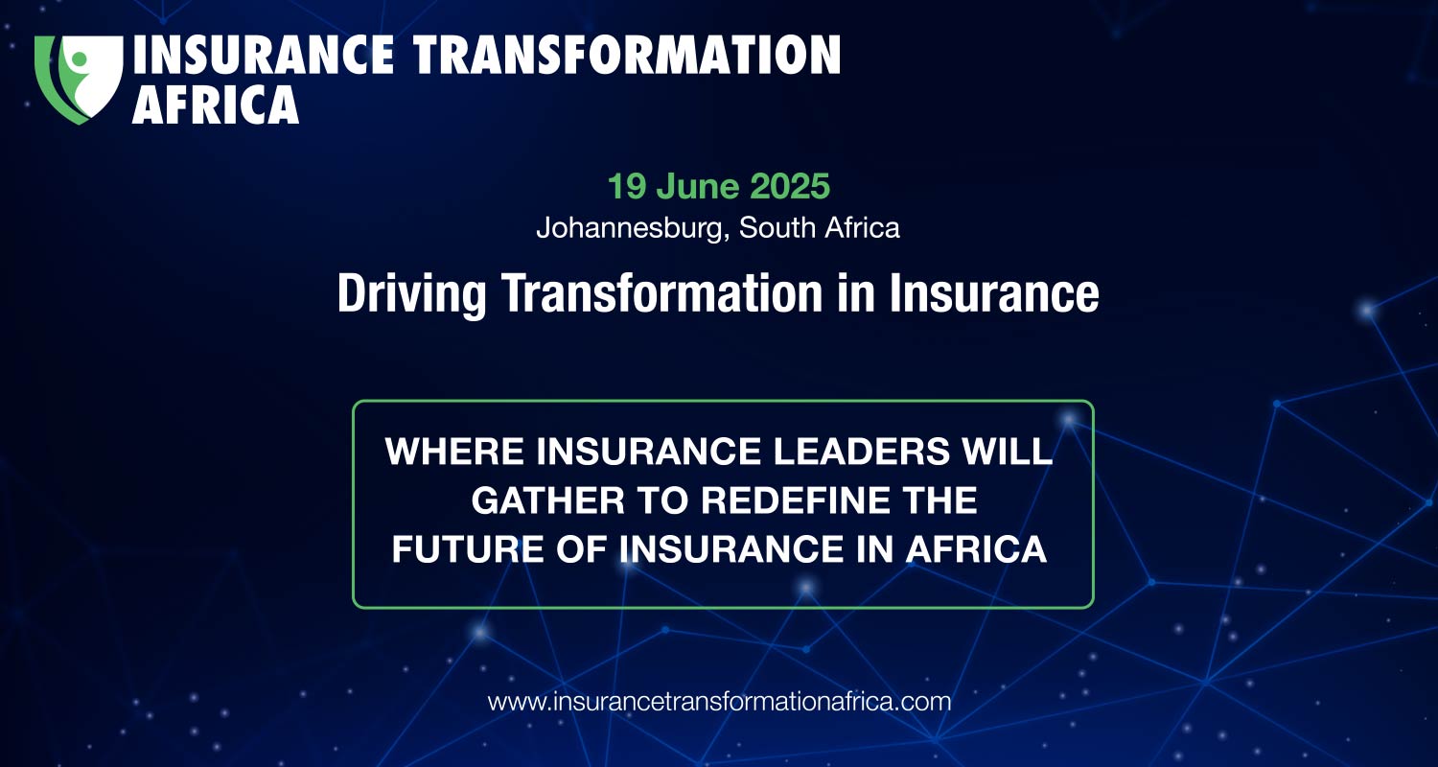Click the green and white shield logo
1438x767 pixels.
point(79,79)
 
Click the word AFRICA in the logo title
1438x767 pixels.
point(216,105)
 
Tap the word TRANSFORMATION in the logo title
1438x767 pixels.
point(627,55)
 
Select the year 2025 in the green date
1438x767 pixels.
point(790,186)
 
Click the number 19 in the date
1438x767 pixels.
point(626,186)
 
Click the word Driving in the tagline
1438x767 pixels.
point(411,294)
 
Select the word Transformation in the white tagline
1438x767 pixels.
point(661,293)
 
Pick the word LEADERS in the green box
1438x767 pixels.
point(861,452)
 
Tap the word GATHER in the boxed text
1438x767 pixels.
point(548,500)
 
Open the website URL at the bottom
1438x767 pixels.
point(719,702)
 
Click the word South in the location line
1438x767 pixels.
point(777,228)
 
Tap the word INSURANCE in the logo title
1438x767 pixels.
point(264,55)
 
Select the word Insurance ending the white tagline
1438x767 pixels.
point(994,293)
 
